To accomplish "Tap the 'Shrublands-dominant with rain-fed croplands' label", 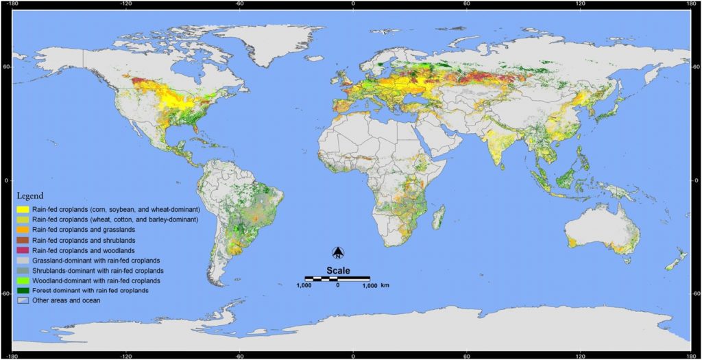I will [104, 270].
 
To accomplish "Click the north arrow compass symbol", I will [337, 253].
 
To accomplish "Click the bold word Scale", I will [337, 269].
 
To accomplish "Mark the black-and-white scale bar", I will [337, 278].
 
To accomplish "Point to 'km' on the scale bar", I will [385, 285].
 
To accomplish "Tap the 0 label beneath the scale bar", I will [337, 285].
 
